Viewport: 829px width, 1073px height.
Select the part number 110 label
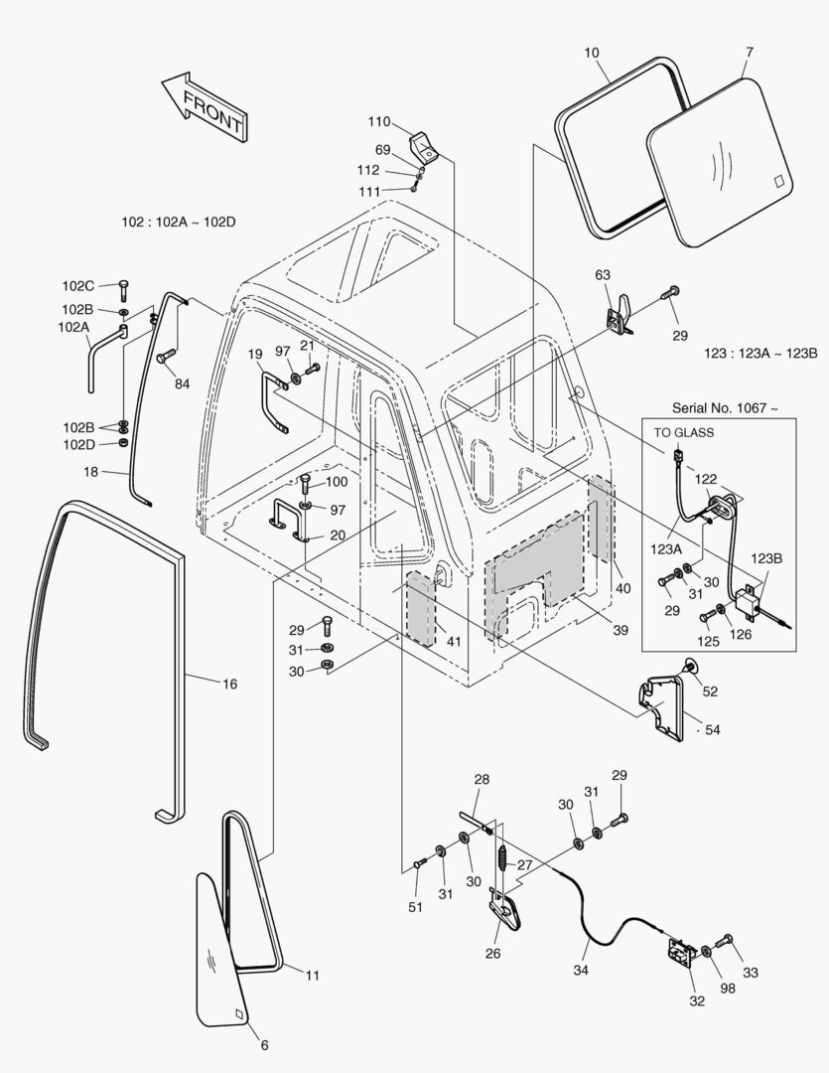pos(379,122)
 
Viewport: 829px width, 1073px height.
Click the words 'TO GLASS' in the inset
pos(683,432)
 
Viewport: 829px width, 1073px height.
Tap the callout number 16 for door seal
pos(229,684)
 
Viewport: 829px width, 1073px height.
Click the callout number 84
pos(181,384)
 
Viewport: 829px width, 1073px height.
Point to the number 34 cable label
pos(580,970)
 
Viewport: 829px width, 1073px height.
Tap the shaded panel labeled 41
pos(420,608)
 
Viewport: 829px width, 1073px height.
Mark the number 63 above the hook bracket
pos(603,274)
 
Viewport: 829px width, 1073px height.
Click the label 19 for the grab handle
pos(255,354)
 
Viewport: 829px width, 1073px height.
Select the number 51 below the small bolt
pos(415,907)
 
